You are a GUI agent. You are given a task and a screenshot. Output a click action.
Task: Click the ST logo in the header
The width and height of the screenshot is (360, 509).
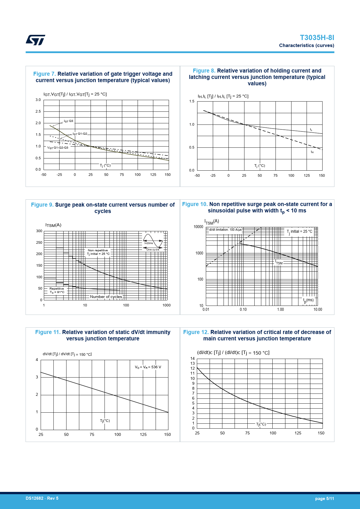[35, 40]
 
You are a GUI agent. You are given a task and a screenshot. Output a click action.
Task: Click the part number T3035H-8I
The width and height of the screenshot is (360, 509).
[317, 38]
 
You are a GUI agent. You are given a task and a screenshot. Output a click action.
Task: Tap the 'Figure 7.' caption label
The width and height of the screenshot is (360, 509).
[44, 74]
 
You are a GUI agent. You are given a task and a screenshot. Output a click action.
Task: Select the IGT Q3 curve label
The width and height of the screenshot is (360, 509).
[69, 121]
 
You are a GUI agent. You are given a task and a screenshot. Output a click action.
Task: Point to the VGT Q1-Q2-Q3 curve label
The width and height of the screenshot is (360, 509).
[58, 148]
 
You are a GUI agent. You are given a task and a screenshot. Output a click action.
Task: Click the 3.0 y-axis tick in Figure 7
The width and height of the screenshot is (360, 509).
[38, 100]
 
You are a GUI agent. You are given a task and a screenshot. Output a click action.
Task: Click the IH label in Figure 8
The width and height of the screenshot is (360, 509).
[312, 152]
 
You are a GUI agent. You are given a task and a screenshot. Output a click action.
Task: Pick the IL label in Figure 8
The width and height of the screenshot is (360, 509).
[311, 130]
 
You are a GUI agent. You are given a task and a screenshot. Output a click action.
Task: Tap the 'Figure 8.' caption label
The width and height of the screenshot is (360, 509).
[204, 71]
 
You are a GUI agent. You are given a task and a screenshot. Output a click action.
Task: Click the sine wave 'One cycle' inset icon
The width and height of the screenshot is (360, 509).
[153, 242]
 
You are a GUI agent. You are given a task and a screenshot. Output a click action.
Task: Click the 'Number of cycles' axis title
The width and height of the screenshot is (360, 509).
[106, 297]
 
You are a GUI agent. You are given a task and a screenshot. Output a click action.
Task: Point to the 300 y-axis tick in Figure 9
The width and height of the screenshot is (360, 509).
[39, 231]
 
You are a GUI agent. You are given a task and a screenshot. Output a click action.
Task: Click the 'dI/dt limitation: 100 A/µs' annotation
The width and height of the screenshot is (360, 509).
[225, 230]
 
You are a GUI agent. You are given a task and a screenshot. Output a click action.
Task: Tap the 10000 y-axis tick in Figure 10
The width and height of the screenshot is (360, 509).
[198, 227]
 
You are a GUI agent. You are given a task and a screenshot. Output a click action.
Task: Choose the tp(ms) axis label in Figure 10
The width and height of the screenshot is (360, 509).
[308, 300]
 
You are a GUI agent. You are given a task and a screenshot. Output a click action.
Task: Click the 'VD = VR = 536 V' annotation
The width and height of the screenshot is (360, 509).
[148, 367]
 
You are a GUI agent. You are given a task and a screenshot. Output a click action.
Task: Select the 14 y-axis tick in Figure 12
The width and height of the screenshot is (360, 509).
[192, 359]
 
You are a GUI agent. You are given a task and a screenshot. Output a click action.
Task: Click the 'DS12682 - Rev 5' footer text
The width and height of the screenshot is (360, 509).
[42, 498]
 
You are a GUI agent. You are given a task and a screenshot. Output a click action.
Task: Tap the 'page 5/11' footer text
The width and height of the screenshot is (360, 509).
[325, 499]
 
